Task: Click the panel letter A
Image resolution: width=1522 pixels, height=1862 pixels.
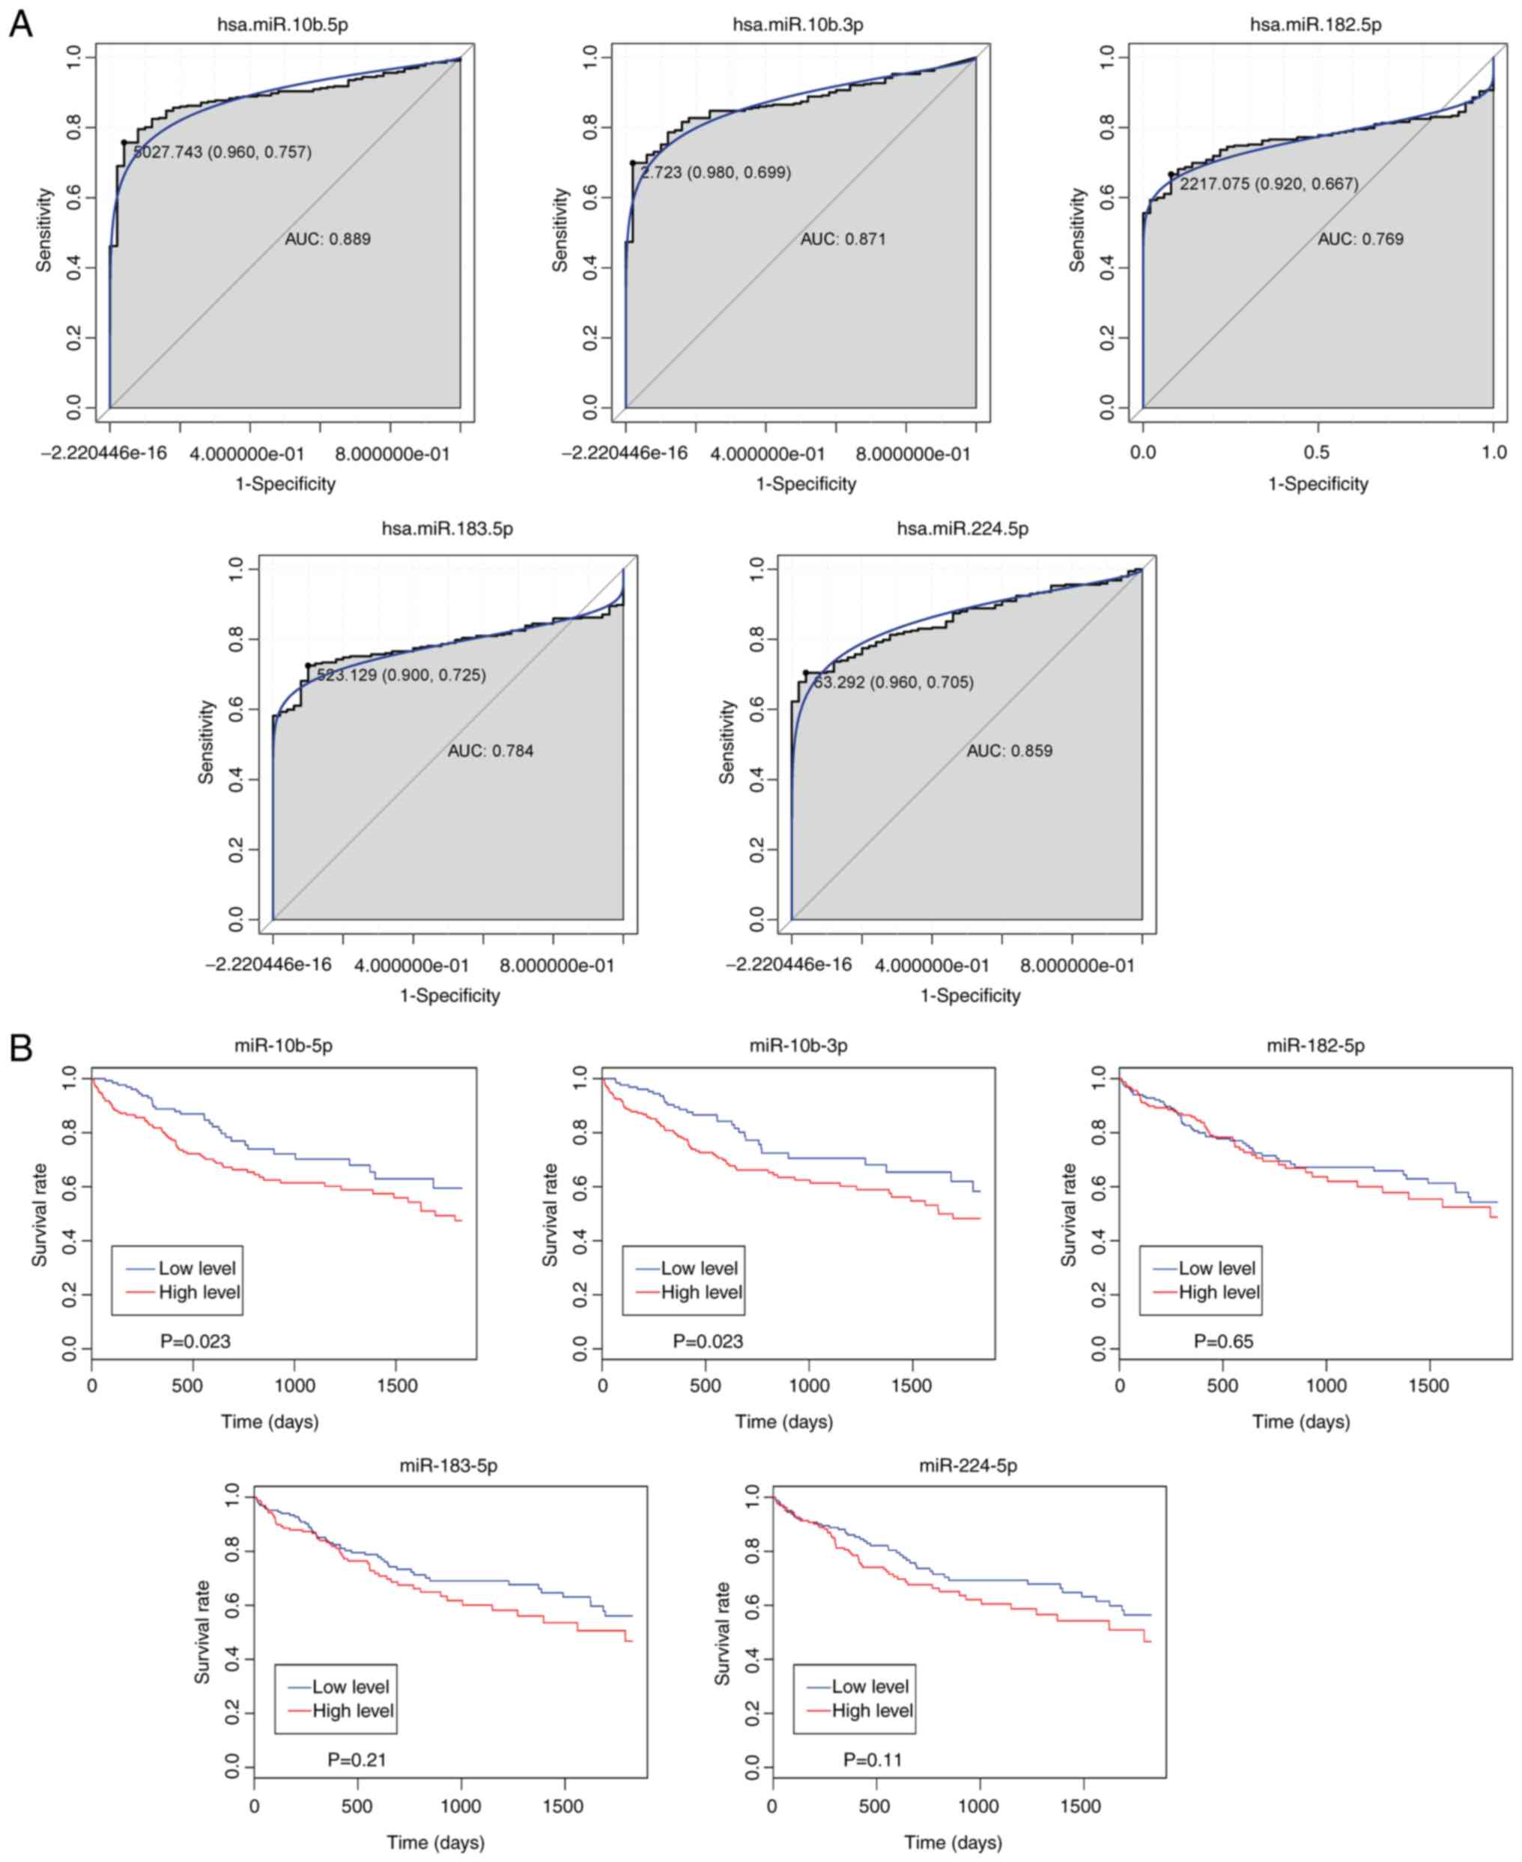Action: coord(20,24)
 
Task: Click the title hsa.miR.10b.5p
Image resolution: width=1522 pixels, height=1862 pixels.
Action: coord(282,25)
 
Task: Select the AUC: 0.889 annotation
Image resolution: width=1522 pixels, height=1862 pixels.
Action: coord(328,238)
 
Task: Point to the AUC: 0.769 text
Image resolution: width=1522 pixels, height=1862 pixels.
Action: coord(1361,238)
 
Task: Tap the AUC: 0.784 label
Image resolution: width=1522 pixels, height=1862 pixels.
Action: coord(490,751)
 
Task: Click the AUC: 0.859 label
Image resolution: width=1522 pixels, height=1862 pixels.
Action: coord(1009,751)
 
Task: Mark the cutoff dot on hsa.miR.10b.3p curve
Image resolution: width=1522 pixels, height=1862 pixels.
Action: coord(633,163)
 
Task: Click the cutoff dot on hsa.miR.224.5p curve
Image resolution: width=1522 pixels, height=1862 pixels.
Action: coord(806,673)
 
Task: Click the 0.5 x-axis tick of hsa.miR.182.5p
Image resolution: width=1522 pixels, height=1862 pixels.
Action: coord(1317,453)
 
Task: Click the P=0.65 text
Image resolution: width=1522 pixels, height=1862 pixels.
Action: coord(1223,1341)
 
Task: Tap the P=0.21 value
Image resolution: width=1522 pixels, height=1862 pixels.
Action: coord(357,1759)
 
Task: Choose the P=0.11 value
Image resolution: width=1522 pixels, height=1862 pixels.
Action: coord(873,1759)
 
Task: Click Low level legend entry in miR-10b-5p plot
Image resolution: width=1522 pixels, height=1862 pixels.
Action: coord(196,1269)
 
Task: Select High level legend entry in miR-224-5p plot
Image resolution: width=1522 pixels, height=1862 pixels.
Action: coord(871,1711)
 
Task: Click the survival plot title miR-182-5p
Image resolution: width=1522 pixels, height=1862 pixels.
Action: coord(1315,1045)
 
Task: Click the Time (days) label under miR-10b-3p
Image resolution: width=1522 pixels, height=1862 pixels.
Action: coord(783,1421)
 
